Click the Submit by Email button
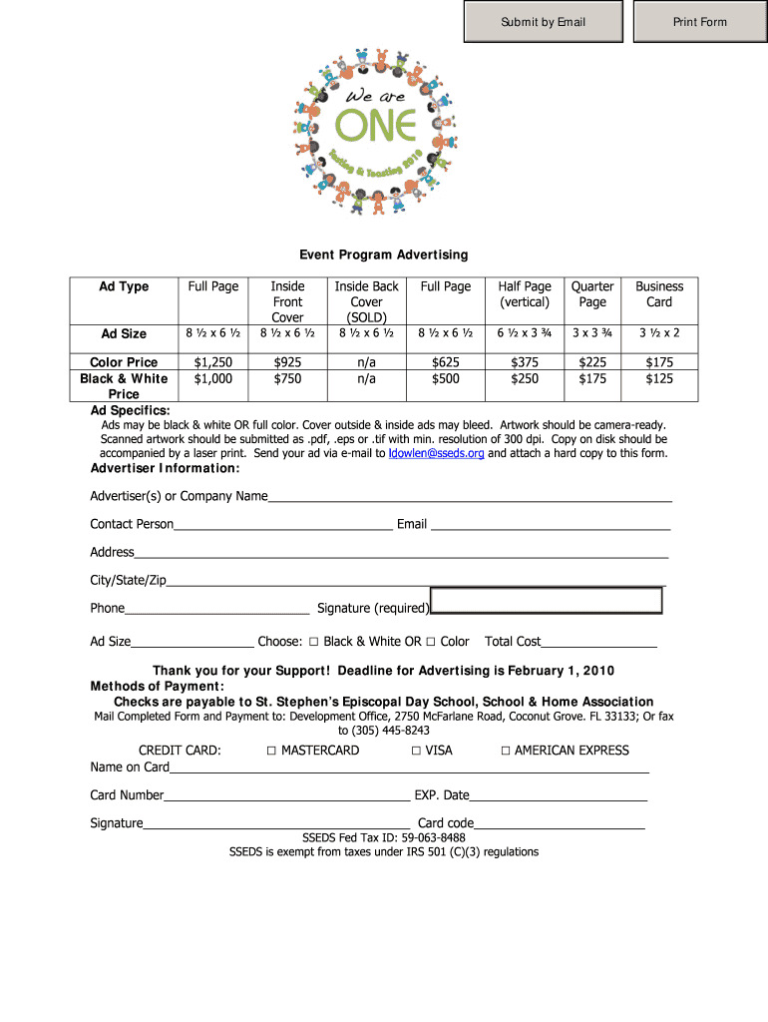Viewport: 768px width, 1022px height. [544, 22]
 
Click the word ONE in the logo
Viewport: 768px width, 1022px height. [375, 125]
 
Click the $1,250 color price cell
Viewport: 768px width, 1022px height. [213, 362]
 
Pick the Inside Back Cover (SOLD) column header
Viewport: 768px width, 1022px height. [366, 301]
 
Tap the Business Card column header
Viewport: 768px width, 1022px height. [659, 293]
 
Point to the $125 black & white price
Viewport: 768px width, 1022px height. [659, 378]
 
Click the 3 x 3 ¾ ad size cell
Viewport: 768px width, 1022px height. [592, 333]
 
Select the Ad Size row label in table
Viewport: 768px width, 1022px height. [124, 333]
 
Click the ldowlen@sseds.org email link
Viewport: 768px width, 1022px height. [436, 453]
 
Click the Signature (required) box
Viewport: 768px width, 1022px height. [547, 600]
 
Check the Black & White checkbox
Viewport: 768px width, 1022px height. [314, 642]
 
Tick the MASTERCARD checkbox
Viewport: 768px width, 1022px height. [272, 751]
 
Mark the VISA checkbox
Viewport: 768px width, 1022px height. [416, 751]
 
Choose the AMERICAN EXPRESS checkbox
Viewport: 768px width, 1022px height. [506, 751]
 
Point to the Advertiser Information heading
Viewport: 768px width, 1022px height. [166, 468]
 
